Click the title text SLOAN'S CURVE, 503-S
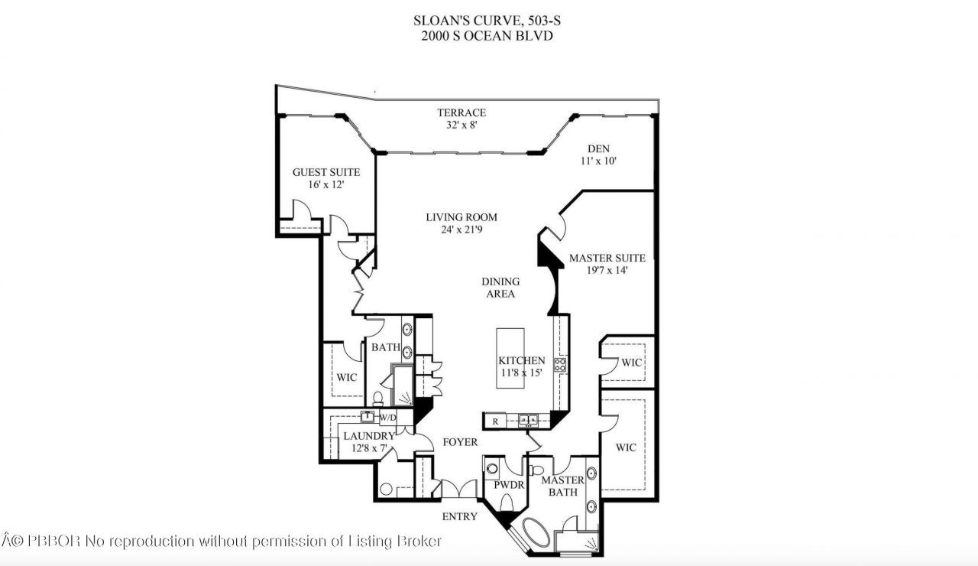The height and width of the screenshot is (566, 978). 489,21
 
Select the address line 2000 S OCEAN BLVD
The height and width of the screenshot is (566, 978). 489,35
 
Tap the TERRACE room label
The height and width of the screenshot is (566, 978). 461,112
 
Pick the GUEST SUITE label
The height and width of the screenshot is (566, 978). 326,172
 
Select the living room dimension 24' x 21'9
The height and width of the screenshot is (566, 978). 461,229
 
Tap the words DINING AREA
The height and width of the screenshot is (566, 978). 500,288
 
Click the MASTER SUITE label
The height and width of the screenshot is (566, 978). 607,259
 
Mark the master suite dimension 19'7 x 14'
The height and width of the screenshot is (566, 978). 607,271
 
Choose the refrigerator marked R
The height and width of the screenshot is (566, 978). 494,420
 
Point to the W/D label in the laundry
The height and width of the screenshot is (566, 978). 387,418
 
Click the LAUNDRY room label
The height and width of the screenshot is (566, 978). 368,436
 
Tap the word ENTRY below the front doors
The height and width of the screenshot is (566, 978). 459,516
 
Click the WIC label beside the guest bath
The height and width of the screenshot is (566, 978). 347,377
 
